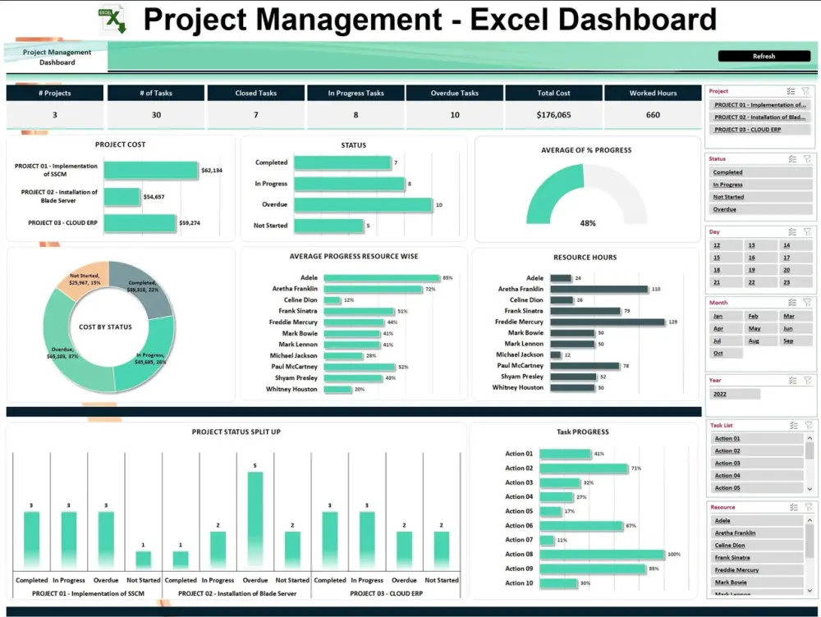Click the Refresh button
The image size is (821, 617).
pos(763,56)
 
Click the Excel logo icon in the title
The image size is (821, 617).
pos(112,19)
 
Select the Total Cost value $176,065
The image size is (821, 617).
pos(553,115)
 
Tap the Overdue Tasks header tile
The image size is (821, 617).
pos(454,94)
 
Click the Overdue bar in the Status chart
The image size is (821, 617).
pos(363,204)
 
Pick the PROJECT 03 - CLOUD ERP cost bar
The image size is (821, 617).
pos(140,222)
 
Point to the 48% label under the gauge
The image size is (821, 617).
pos(588,223)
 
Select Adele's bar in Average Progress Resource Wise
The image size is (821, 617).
pos(382,278)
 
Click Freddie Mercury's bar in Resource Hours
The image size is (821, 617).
pos(607,322)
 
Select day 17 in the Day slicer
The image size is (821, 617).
pos(787,258)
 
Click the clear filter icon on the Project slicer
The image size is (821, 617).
pos(806,92)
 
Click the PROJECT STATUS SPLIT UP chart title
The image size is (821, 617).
pos(236,432)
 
